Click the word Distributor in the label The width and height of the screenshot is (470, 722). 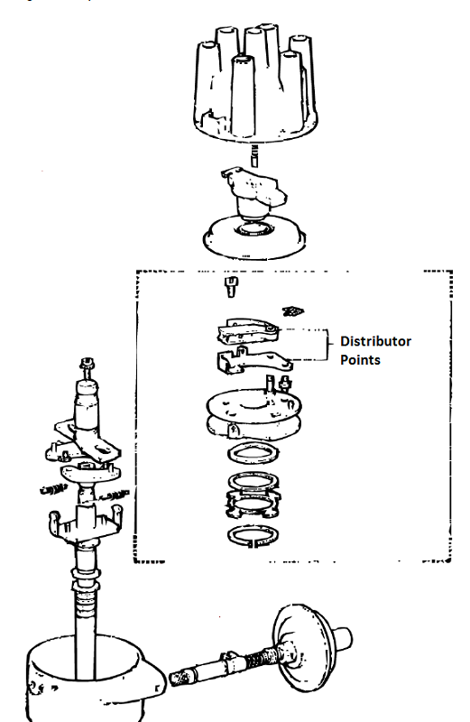(x=375, y=341)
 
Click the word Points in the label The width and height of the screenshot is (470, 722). (x=361, y=359)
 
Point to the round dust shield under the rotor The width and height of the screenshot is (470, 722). (x=253, y=235)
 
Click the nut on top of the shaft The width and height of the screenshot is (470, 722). (x=88, y=365)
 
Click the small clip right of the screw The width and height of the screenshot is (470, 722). (x=292, y=310)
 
